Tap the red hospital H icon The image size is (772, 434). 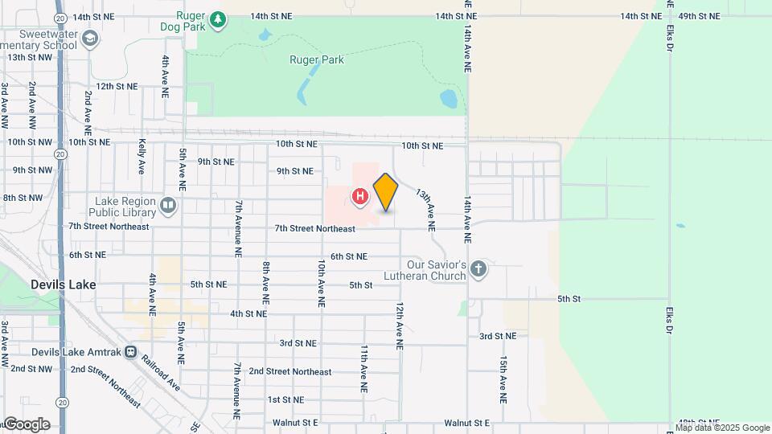click(360, 195)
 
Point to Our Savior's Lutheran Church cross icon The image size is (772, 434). click(478, 269)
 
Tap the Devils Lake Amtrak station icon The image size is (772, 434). click(132, 352)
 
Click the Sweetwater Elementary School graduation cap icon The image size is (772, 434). click(91, 38)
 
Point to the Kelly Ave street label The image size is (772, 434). click(142, 156)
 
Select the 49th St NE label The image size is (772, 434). click(698, 16)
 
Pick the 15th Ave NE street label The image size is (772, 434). click(503, 379)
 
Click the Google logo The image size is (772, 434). click(27, 424)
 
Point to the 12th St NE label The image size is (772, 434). click(117, 86)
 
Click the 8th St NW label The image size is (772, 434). click(23, 197)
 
